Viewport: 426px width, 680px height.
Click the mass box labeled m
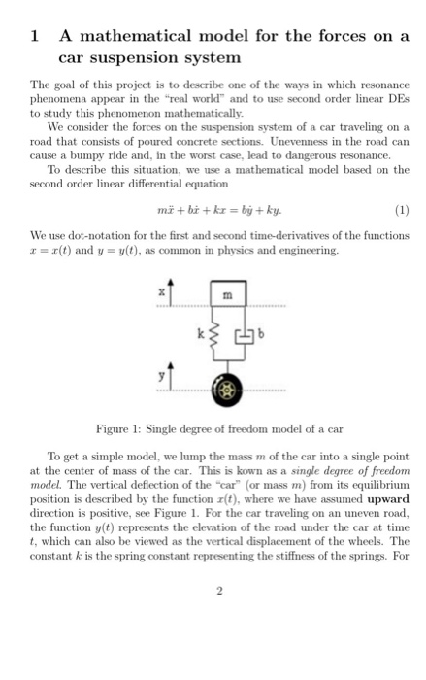[225, 295]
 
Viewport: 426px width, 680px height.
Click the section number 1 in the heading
[35, 36]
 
